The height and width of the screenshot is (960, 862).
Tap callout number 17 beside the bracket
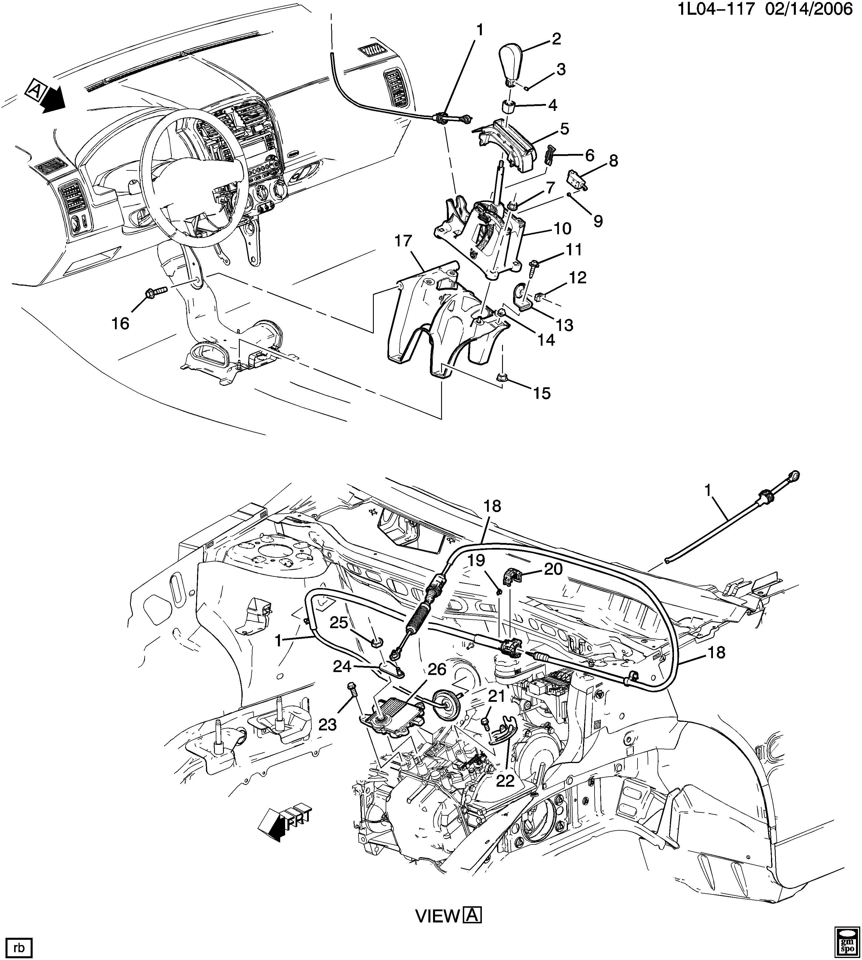click(x=404, y=241)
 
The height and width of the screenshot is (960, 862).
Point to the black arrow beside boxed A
click(x=53, y=98)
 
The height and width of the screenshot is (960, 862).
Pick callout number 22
click(x=505, y=780)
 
